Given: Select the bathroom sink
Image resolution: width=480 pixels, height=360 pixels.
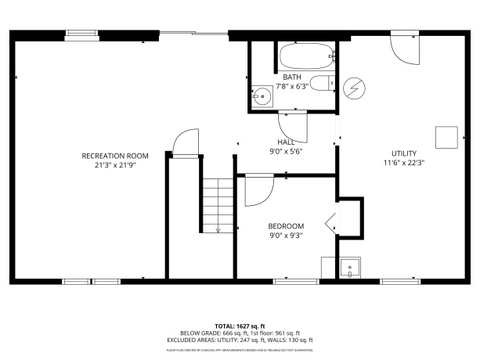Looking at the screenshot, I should pos(261,98).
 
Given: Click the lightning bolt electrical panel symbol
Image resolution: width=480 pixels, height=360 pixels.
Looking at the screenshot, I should pos(355,87).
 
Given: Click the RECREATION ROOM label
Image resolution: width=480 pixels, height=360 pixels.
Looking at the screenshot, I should pos(115,156).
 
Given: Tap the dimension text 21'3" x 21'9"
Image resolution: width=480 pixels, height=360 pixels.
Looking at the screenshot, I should pos(115,165).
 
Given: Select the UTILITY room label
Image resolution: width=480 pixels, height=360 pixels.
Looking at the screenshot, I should pos(404,153).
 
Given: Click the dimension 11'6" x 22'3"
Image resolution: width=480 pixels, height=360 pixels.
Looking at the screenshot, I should pos(404,163).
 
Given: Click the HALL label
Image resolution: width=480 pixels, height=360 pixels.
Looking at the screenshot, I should pos(286,142).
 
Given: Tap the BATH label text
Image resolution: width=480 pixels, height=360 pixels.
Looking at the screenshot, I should pos(292,77).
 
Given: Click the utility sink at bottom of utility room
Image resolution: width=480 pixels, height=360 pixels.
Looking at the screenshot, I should pos(348,268).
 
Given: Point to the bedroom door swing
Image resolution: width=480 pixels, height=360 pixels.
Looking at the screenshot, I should pos(258,189).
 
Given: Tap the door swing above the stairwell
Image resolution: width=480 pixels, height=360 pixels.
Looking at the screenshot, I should pos(184,143).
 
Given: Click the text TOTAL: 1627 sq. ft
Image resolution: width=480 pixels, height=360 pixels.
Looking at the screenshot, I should pos(240,325).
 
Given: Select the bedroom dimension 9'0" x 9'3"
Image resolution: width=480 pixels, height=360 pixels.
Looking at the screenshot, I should pos(286,235).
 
